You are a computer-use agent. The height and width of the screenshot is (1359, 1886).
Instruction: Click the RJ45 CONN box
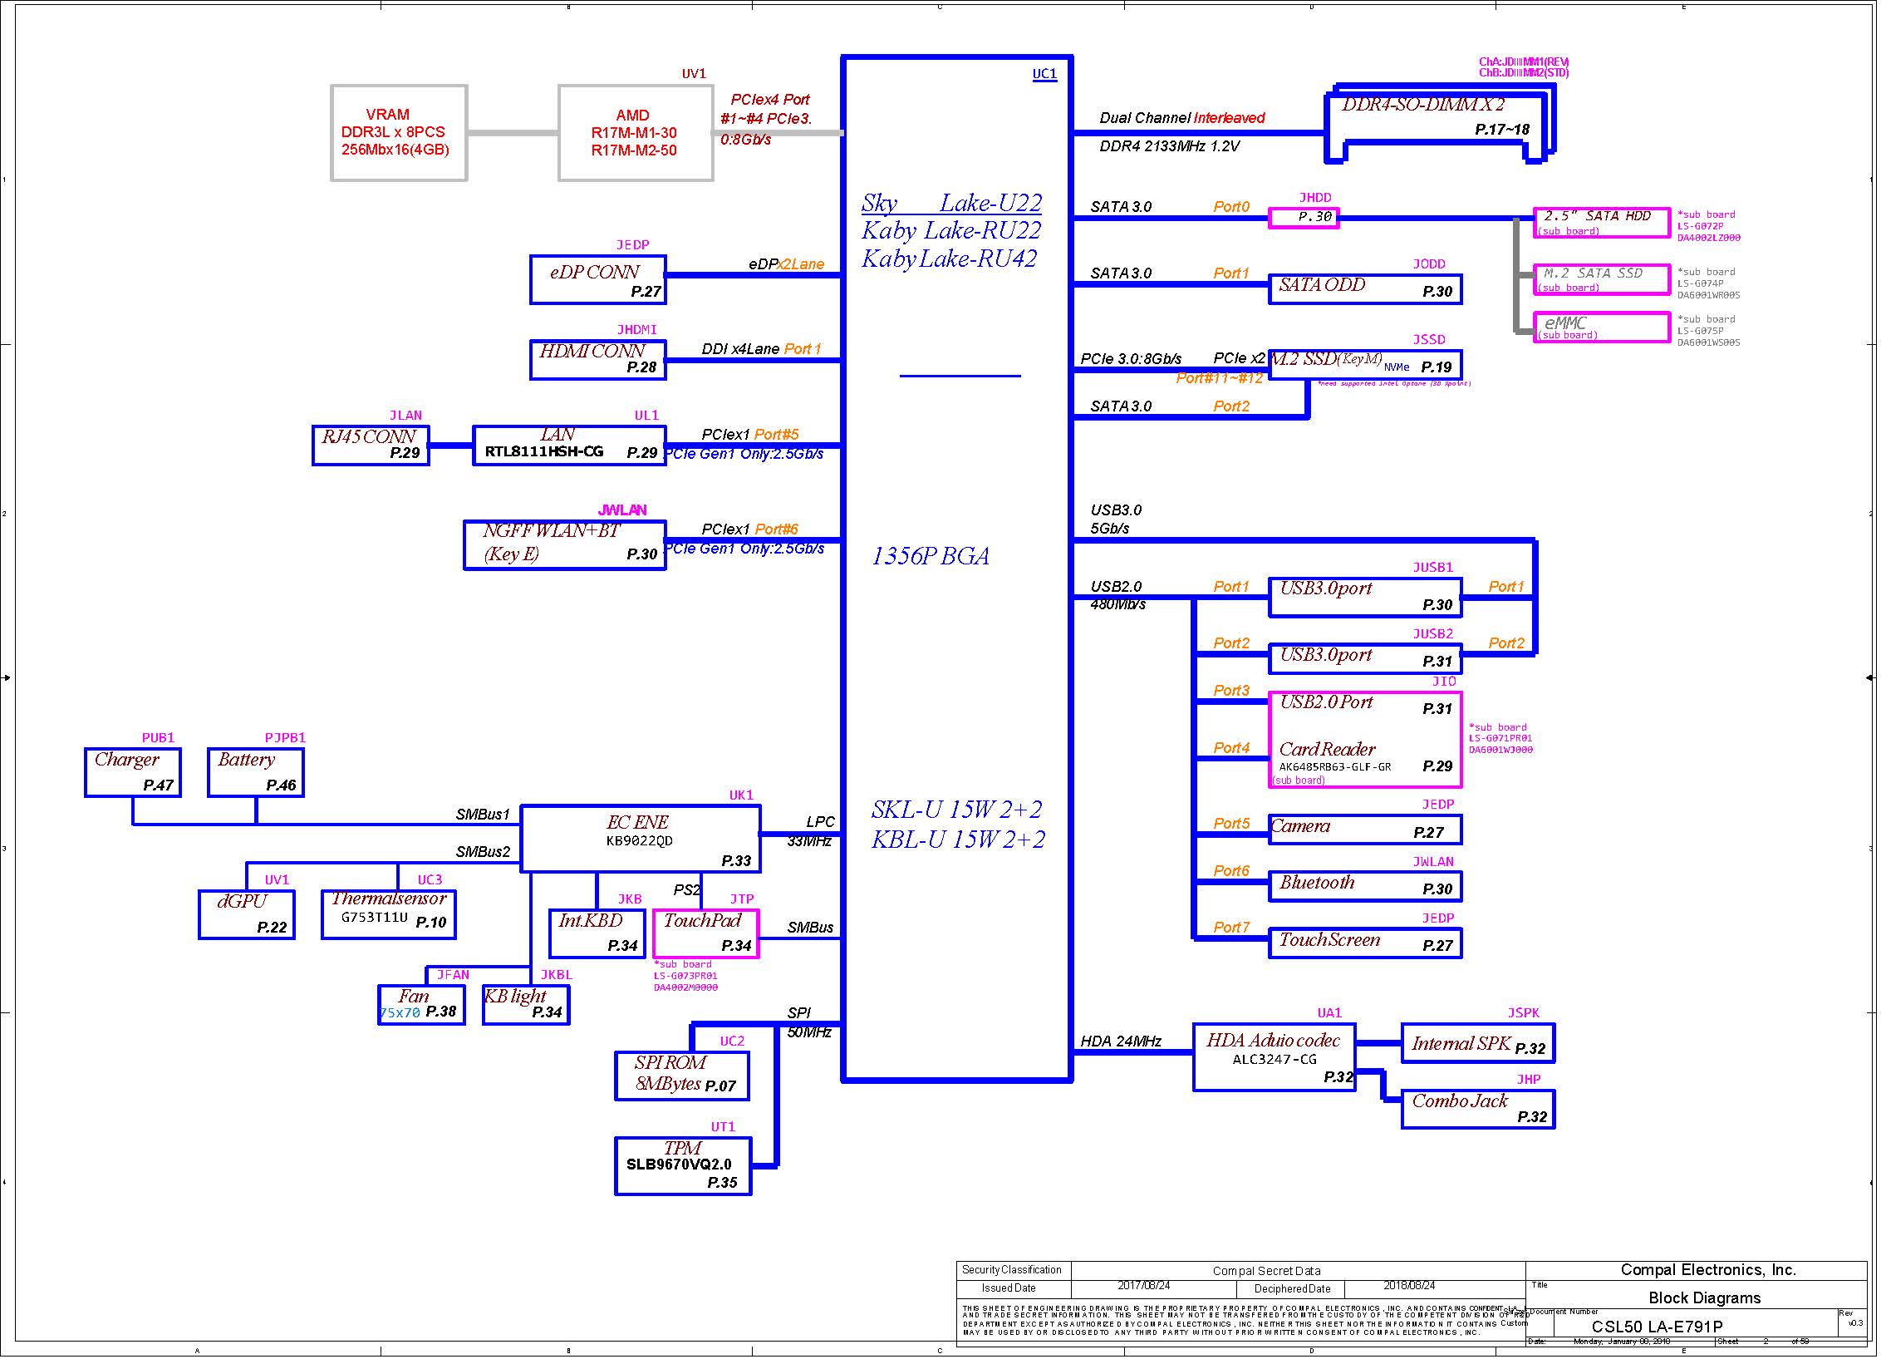coord(371,446)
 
